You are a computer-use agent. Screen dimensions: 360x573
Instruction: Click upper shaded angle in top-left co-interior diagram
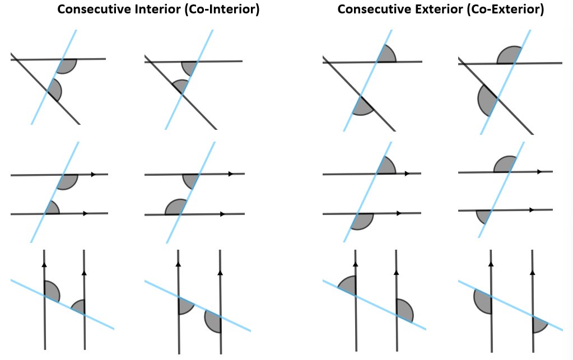[x=67, y=66]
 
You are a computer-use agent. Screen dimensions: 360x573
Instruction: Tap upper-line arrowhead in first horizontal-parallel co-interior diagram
[x=94, y=174]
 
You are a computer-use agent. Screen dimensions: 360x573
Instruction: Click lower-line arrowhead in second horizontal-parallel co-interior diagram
[x=222, y=214]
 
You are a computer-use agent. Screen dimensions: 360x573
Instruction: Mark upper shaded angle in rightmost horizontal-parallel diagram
[x=505, y=165]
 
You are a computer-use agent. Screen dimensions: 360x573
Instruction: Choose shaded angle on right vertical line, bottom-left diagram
[x=79, y=307]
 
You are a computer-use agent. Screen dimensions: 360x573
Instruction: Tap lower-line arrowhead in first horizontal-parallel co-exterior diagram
[x=398, y=213]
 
